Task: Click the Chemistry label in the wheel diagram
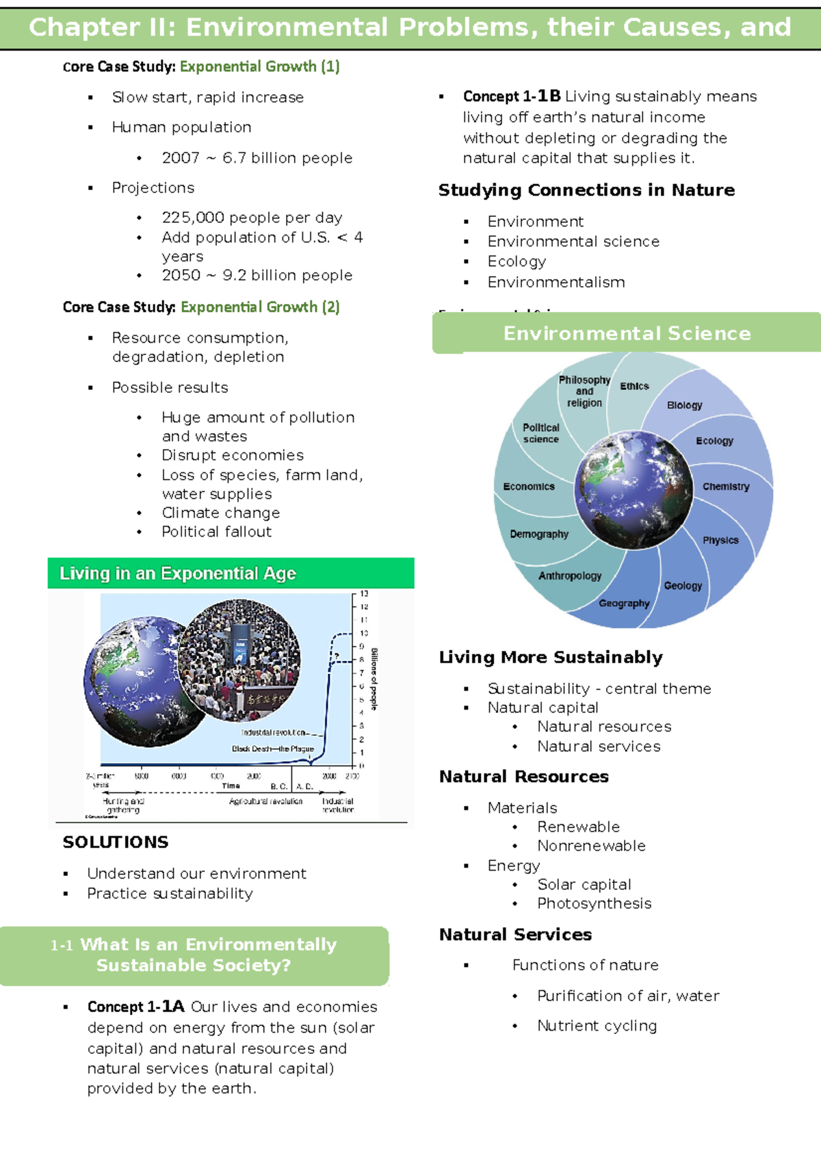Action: (x=726, y=487)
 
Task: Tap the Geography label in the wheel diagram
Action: (x=624, y=604)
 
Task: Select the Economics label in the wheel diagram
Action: (x=529, y=487)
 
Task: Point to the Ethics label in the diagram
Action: (x=634, y=387)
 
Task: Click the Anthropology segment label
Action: (x=570, y=576)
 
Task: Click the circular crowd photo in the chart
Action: (x=239, y=660)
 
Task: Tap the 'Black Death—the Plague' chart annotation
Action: (x=272, y=749)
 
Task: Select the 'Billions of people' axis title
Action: (x=374, y=679)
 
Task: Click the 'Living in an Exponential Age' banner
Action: (x=178, y=573)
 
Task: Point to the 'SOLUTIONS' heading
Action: (x=116, y=842)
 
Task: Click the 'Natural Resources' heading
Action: (x=523, y=777)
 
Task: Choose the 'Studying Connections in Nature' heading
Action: (x=586, y=190)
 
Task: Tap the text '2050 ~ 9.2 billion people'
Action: (x=257, y=275)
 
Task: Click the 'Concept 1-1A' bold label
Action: (x=136, y=1007)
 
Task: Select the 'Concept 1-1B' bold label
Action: (x=512, y=96)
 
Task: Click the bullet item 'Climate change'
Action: (x=220, y=513)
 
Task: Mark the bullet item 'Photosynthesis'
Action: (x=594, y=903)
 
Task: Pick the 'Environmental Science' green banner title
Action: (x=627, y=333)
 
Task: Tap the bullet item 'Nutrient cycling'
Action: (x=597, y=1026)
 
